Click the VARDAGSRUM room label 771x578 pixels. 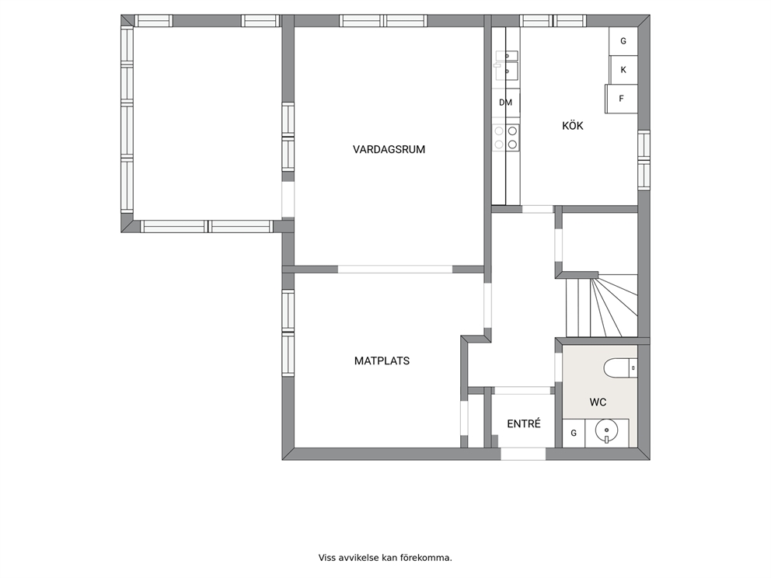tap(389, 149)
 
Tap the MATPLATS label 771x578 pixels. tap(382, 360)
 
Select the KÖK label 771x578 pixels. tap(572, 126)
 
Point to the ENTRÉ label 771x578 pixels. tap(524, 423)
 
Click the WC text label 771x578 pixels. tap(598, 402)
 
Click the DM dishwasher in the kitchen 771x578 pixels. tap(505, 103)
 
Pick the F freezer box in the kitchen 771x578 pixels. tap(621, 99)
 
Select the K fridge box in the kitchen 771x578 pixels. tap(623, 70)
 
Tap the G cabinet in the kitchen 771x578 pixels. tap(623, 41)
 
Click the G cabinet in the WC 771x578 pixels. tap(574, 433)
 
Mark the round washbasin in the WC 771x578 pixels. tap(606, 431)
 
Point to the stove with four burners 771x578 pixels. tap(506, 138)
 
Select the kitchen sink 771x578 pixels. tap(506, 65)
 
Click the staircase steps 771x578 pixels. tap(602, 305)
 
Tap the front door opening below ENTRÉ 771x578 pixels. tap(523, 454)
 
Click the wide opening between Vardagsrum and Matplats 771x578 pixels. tap(396, 270)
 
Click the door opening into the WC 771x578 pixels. tap(559, 367)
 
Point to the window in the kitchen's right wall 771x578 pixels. tap(644, 160)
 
